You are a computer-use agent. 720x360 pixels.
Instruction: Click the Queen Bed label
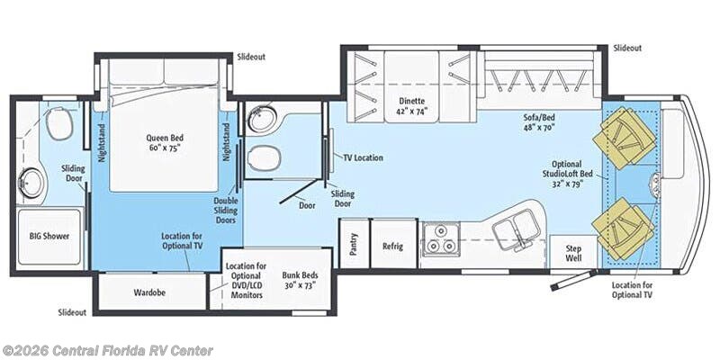(x=165, y=142)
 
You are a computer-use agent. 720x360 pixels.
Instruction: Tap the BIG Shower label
(x=49, y=236)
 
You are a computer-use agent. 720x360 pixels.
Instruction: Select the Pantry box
(x=354, y=244)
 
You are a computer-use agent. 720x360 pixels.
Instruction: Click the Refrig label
(x=392, y=246)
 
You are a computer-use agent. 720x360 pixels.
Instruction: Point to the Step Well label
(x=573, y=253)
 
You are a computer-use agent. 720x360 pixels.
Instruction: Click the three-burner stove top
(x=440, y=238)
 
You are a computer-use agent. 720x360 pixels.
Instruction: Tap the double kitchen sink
(x=517, y=229)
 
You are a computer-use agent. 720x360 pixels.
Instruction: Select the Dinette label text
(x=411, y=105)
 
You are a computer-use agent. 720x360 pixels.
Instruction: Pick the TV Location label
(x=364, y=157)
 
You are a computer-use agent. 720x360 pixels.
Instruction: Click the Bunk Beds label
(x=301, y=280)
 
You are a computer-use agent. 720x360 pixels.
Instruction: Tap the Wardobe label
(x=149, y=292)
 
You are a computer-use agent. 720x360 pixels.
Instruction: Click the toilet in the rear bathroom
(x=59, y=122)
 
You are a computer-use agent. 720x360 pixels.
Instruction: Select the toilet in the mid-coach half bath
(x=264, y=158)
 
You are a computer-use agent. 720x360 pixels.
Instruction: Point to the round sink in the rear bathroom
(x=31, y=184)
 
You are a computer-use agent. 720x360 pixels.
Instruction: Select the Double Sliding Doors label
(x=226, y=211)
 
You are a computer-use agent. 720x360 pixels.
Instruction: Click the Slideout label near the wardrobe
(x=72, y=312)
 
